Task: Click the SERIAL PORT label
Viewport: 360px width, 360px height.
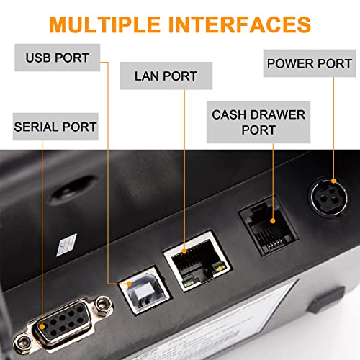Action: coord(55,127)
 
